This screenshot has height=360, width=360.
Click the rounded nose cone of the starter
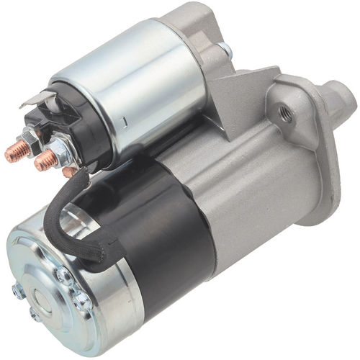(x=335, y=101)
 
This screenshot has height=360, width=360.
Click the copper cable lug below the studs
(x=68, y=171)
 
